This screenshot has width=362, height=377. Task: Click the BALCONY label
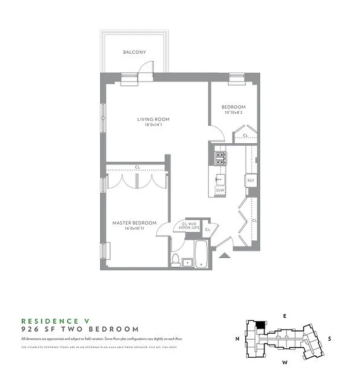click(x=134, y=52)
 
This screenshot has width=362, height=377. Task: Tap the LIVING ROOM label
click(x=153, y=119)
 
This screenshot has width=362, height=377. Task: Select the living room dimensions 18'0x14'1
click(x=153, y=125)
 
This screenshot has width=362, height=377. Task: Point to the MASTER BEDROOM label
click(x=134, y=223)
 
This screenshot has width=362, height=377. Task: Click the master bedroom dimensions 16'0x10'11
click(x=134, y=229)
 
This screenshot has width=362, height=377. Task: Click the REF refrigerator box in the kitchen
click(x=251, y=180)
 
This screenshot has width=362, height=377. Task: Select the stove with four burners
click(x=220, y=158)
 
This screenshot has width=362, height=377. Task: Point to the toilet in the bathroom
click(x=176, y=260)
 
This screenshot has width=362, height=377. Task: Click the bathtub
click(x=201, y=254)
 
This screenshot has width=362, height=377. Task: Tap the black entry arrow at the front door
click(x=225, y=255)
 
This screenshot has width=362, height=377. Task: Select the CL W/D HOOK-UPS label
click(x=186, y=225)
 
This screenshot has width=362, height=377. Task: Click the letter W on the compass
click(x=284, y=362)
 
